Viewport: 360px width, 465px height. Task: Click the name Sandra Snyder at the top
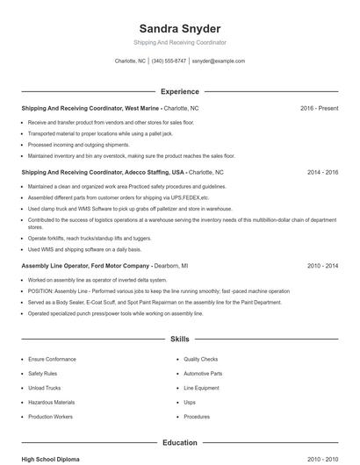tap(179, 28)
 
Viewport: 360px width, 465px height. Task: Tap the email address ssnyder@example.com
tap(218, 61)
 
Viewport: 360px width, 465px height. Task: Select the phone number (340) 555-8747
tap(169, 61)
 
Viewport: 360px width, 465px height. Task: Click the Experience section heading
tap(179, 91)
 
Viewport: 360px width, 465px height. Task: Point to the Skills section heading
tap(179, 338)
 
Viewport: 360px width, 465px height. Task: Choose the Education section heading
tap(179, 443)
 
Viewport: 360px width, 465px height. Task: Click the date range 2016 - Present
tap(319, 108)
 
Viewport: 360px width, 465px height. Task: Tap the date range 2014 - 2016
tap(322, 173)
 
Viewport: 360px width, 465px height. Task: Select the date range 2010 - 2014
tap(322, 265)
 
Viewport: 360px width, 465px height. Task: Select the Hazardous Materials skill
tap(51, 402)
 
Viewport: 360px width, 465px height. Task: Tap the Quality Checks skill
tap(201, 360)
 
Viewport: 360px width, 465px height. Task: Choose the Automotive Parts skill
tap(203, 374)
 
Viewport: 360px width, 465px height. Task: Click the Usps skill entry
tap(190, 402)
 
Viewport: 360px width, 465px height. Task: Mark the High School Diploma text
tap(52, 459)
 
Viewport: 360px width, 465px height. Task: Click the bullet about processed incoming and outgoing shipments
tap(78, 145)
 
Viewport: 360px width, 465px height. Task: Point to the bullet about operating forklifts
tap(90, 238)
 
